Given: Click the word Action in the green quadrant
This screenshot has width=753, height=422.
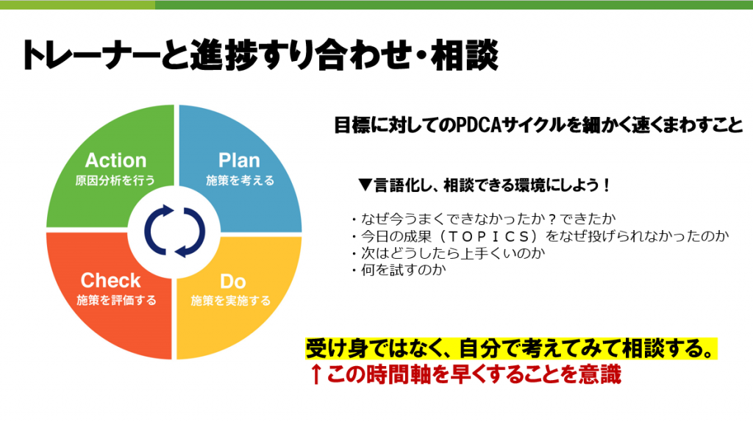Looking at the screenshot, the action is point(115,160).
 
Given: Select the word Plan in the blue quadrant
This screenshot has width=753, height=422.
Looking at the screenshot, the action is point(239,160).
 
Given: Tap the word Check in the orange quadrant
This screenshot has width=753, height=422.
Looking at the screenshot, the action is point(110,280).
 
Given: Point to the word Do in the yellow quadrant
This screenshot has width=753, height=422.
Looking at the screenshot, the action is point(233,282).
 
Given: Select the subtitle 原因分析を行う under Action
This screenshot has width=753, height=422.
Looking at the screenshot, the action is point(115,181).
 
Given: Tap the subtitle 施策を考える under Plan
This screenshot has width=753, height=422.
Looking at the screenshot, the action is point(240,181).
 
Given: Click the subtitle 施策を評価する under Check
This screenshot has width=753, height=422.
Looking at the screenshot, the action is point(117,301).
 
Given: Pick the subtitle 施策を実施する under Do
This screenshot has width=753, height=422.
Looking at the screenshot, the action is point(231,301).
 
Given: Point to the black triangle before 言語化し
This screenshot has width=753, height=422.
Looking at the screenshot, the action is point(365,185).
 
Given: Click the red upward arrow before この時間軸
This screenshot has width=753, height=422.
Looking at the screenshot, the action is point(315,374).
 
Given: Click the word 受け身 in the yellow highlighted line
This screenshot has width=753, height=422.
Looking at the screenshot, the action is point(335,348).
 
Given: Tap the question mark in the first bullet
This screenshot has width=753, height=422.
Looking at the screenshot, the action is point(552,219).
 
